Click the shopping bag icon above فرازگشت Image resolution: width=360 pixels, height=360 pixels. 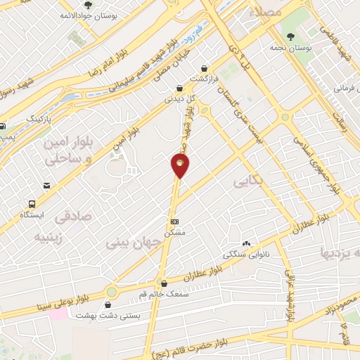[204, 69]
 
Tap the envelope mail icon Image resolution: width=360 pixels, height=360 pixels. [46, 186]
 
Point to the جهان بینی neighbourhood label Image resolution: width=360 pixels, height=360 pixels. [135, 242]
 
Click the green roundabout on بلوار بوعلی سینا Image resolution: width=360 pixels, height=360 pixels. [111, 292]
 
